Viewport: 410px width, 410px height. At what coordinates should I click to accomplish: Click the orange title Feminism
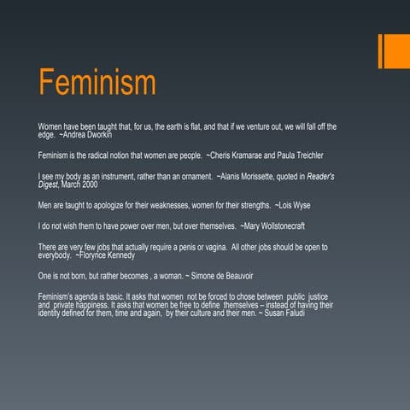pos(97,84)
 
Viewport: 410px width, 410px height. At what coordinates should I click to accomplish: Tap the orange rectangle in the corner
pos(394,51)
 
